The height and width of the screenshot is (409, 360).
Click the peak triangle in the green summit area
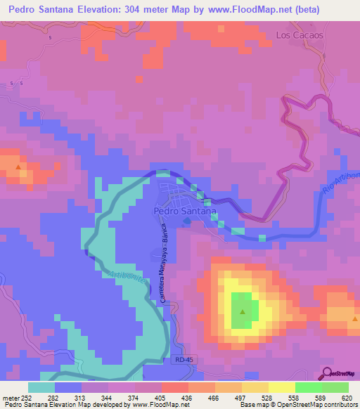click(x=243, y=311)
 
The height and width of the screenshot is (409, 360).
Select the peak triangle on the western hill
click(x=18, y=167)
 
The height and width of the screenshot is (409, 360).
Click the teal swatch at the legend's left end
click(x=41, y=387)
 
